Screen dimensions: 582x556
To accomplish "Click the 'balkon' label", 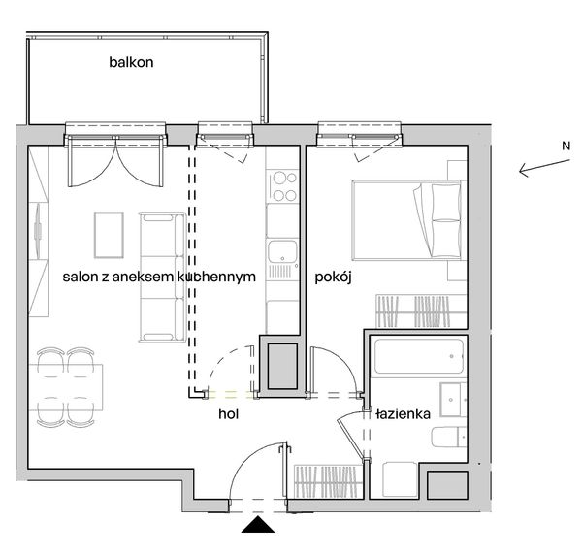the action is (131, 62).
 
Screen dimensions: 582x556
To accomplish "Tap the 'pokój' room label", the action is (333, 278).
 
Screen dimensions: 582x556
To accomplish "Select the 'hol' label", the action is (228, 413).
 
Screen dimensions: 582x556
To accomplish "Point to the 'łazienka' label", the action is (403, 413).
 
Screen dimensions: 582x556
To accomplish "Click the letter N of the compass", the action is (566, 146).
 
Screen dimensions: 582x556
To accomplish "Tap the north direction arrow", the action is (544, 168).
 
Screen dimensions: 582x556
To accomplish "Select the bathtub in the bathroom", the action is (419, 356).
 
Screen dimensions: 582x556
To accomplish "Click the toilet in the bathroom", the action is (448, 437).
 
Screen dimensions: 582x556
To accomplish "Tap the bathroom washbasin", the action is (453, 399).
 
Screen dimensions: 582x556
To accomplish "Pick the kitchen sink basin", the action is (282, 251).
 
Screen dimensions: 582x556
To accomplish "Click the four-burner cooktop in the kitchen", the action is (284, 186).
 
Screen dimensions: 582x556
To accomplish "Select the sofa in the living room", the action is (162, 278).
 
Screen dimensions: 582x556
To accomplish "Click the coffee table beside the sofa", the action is (109, 235).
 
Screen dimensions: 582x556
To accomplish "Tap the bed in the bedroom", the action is (408, 220).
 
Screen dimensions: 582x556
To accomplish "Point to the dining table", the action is (66, 387).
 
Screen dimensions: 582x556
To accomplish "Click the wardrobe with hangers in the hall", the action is (328, 481).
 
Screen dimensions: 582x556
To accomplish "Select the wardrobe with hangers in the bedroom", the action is (421, 311).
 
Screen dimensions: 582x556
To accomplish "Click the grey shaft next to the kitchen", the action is (282, 366).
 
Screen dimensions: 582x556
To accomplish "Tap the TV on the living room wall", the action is (38, 231).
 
